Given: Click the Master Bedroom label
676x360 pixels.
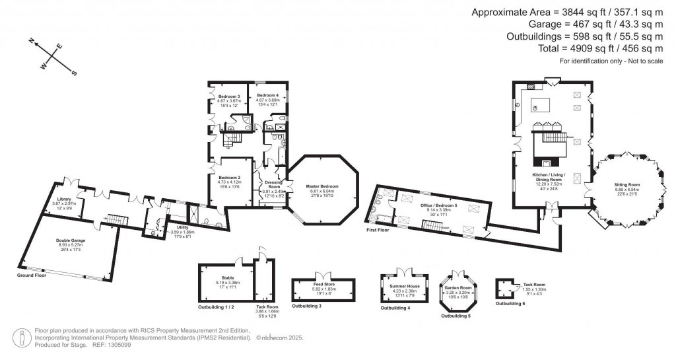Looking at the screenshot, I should click(x=321, y=186).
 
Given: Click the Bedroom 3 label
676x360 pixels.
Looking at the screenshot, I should click(x=228, y=96).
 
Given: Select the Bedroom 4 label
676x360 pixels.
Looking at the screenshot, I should click(x=267, y=96).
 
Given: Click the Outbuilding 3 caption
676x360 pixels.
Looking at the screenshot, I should click(x=307, y=306).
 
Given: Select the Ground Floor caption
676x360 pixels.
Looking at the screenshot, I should click(x=32, y=275).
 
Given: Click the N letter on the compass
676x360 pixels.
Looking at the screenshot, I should click(x=31, y=40).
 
